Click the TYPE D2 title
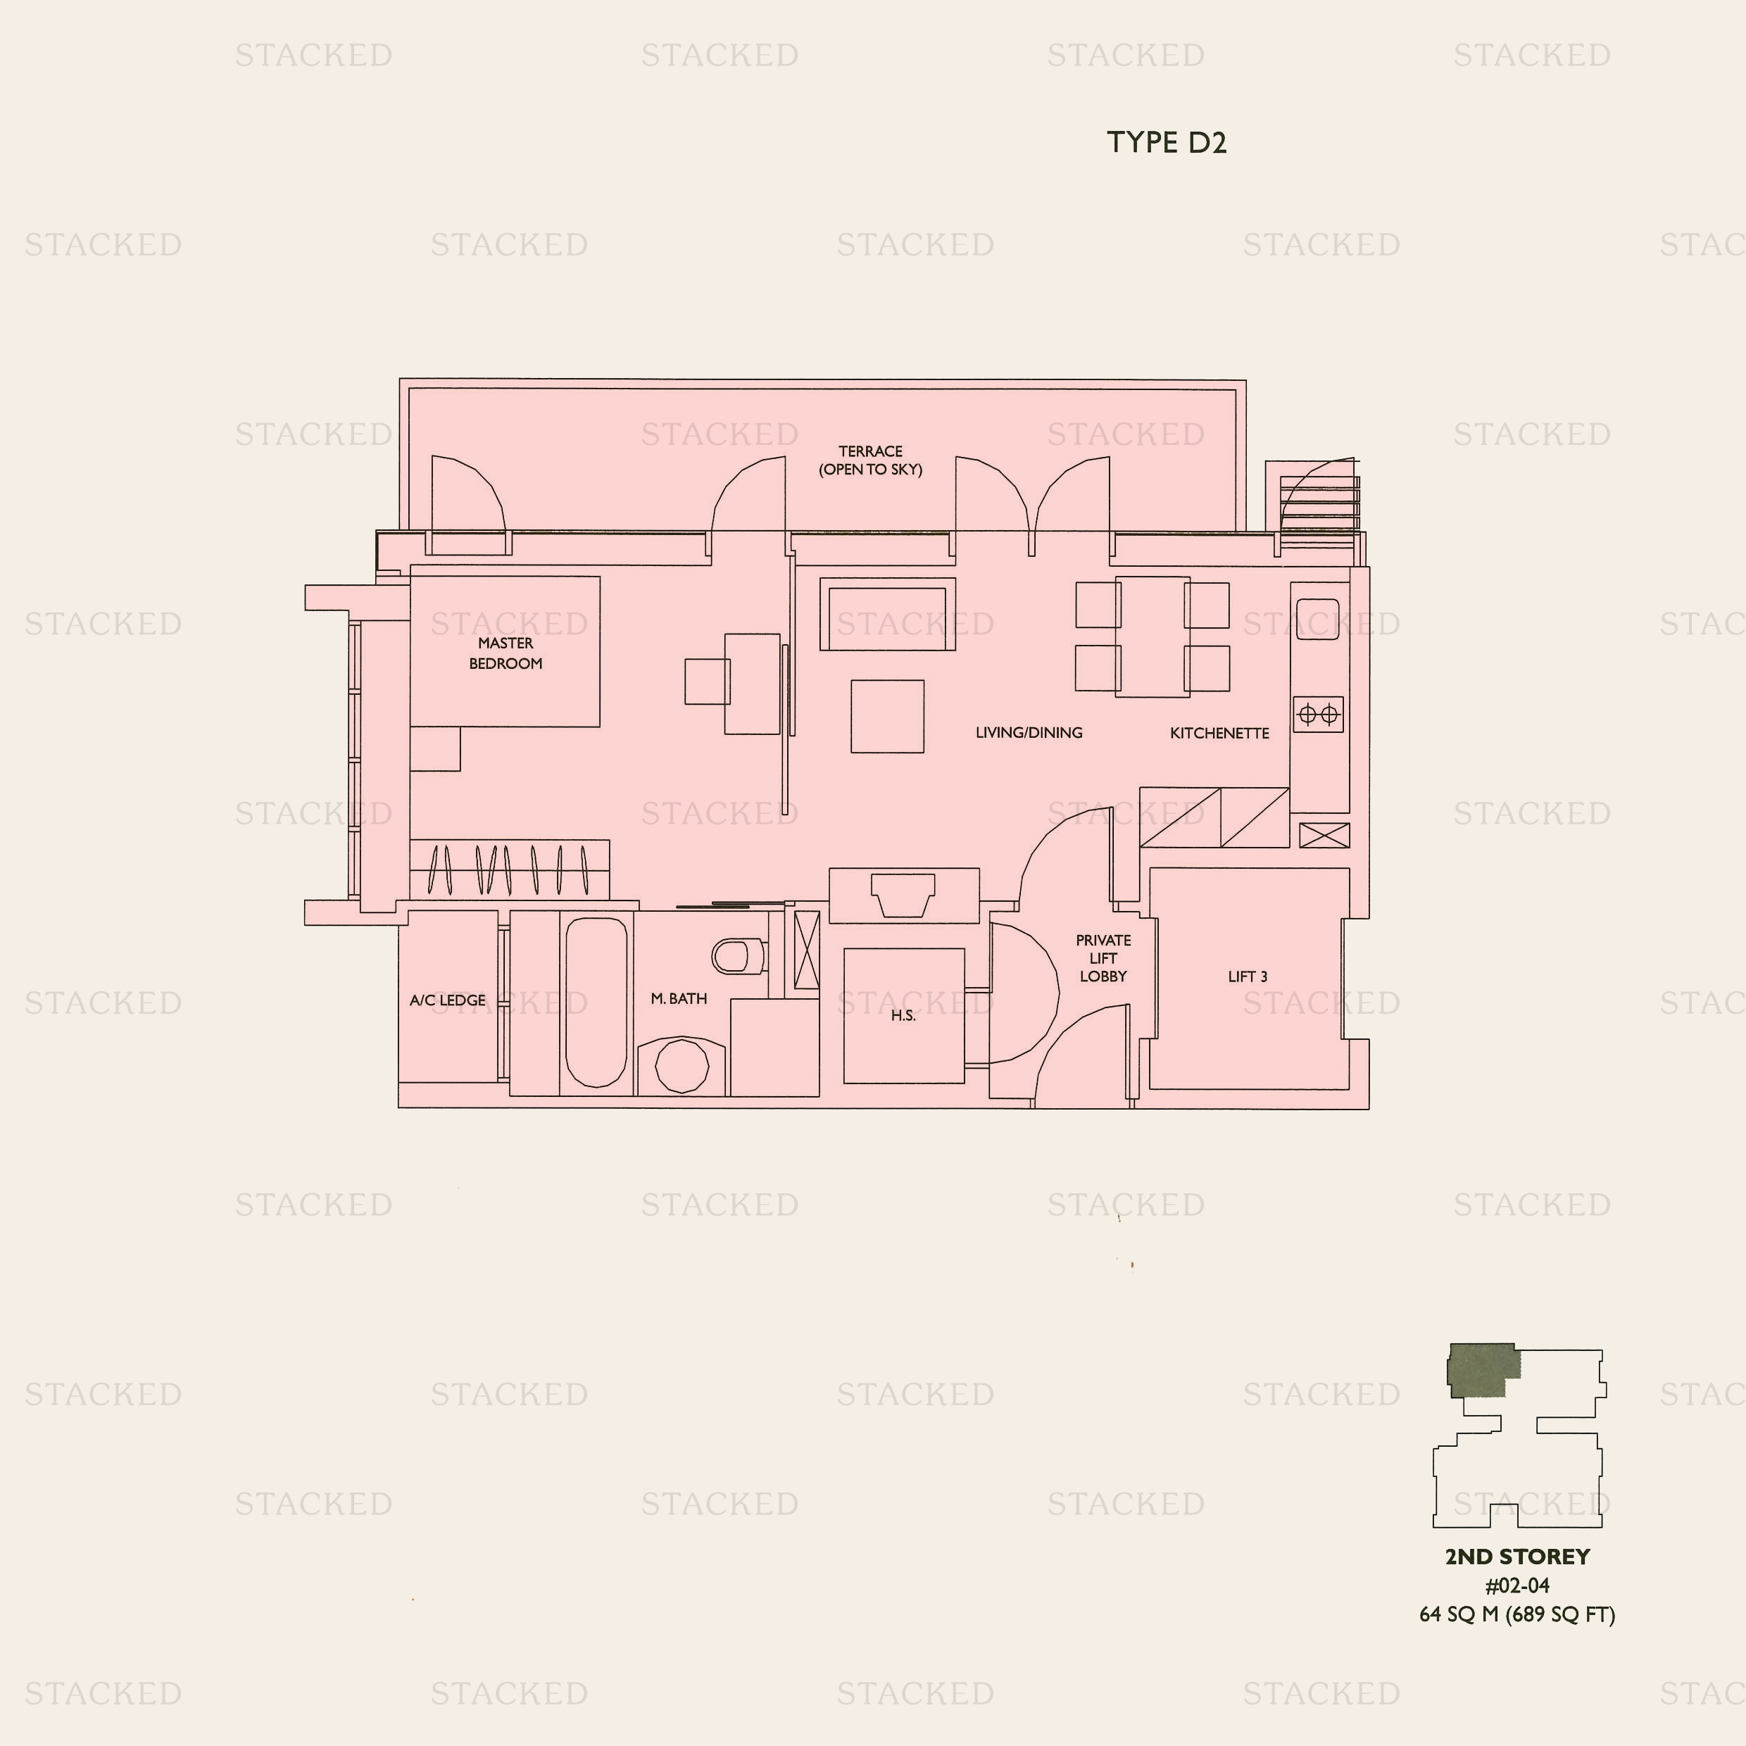coord(1167,143)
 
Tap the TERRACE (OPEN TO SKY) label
coord(870,460)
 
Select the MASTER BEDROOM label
coord(505,653)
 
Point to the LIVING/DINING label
coord(1029,733)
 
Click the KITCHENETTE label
coord(1219,733)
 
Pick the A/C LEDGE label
coord(447,1000)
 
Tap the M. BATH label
coord(679,998)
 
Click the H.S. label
coord(903,1016)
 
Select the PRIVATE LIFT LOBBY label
coord(1103,958)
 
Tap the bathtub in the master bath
coord(596,1003)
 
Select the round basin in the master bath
coord(682,1067)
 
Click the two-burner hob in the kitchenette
coord(1318,715)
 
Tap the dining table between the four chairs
coord(1153,637)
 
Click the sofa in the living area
coord(888,615)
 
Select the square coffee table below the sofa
coord(888,717)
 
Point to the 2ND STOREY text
coord(1517,1556)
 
